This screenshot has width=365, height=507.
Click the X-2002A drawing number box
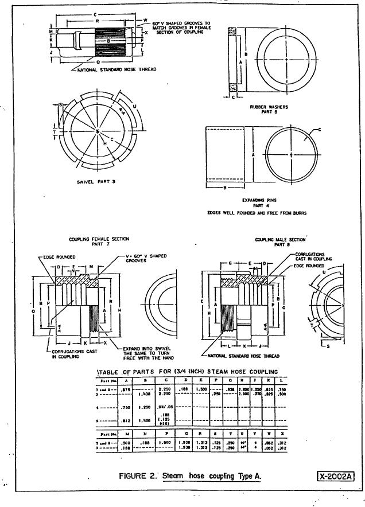(336, 475)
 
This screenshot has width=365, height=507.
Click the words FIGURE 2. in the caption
(138, 476)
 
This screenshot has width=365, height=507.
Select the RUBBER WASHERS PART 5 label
(269, 110)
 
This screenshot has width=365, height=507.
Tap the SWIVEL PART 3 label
(96, 182)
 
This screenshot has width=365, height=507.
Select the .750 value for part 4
(145, 408)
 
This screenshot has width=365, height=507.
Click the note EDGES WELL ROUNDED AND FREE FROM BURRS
(257, 213)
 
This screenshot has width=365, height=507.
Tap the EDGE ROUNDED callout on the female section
(59, 258)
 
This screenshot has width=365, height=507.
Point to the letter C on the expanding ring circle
(320, 131)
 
